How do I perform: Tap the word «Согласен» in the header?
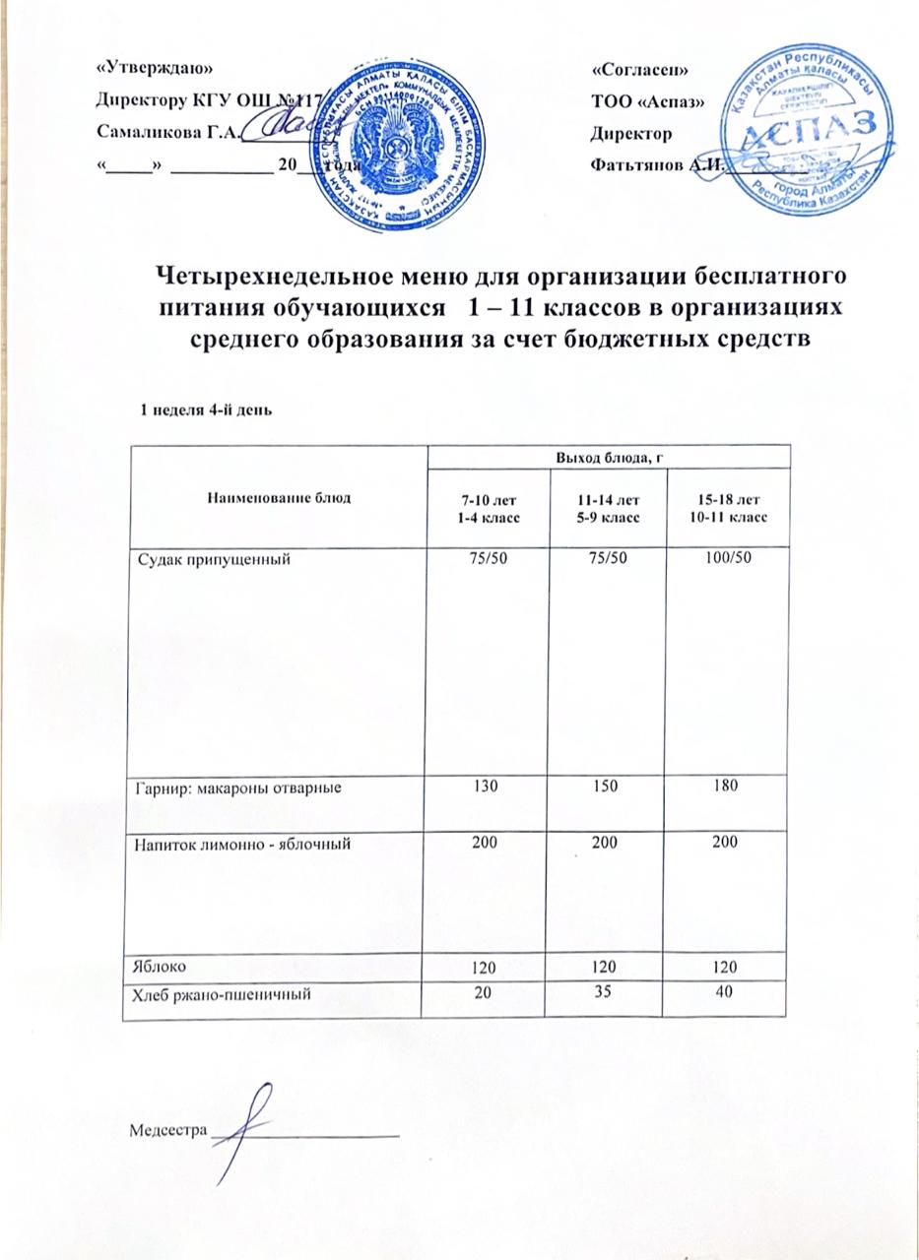coord(639,72)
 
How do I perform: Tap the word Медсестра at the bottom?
coord(166,1130)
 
